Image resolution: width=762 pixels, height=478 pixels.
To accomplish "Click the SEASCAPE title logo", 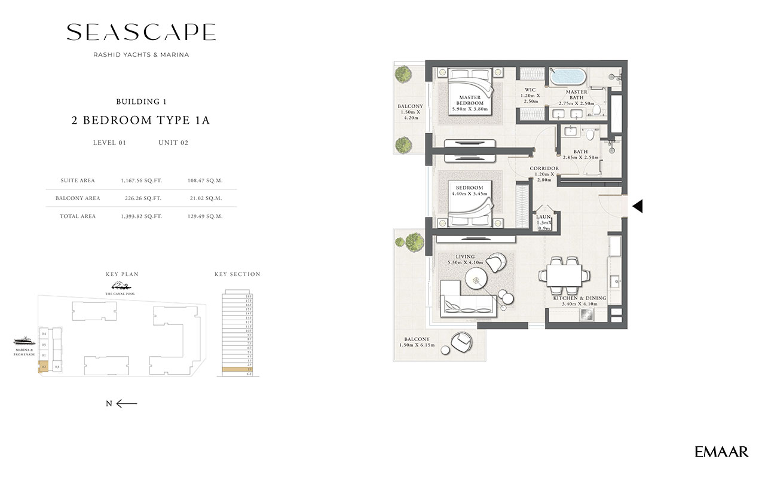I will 141,32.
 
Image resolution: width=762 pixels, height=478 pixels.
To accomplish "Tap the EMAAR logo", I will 721,452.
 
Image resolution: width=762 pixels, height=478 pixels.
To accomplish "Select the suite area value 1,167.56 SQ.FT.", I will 141,180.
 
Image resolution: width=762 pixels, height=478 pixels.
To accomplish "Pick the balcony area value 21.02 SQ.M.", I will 204,198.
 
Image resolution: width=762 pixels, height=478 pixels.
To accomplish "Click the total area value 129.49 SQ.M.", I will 204,216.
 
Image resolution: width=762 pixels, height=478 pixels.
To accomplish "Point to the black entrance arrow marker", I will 638,206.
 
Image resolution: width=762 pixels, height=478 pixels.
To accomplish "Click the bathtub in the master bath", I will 567,78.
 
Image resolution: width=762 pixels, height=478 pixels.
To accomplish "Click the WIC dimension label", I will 530,99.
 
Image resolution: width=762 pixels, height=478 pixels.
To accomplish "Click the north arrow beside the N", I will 127,403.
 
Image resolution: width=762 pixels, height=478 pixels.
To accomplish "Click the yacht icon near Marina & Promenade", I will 24,341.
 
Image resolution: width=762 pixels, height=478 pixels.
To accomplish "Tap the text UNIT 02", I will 173,143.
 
